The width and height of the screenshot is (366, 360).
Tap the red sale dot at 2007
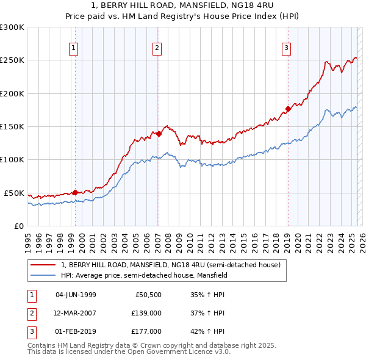(x=158, y=134)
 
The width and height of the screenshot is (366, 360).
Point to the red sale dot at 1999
(x=75, y=192)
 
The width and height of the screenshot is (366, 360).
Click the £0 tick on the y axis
(x=18, y=226)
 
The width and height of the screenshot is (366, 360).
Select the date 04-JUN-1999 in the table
(x=76, y=295)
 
